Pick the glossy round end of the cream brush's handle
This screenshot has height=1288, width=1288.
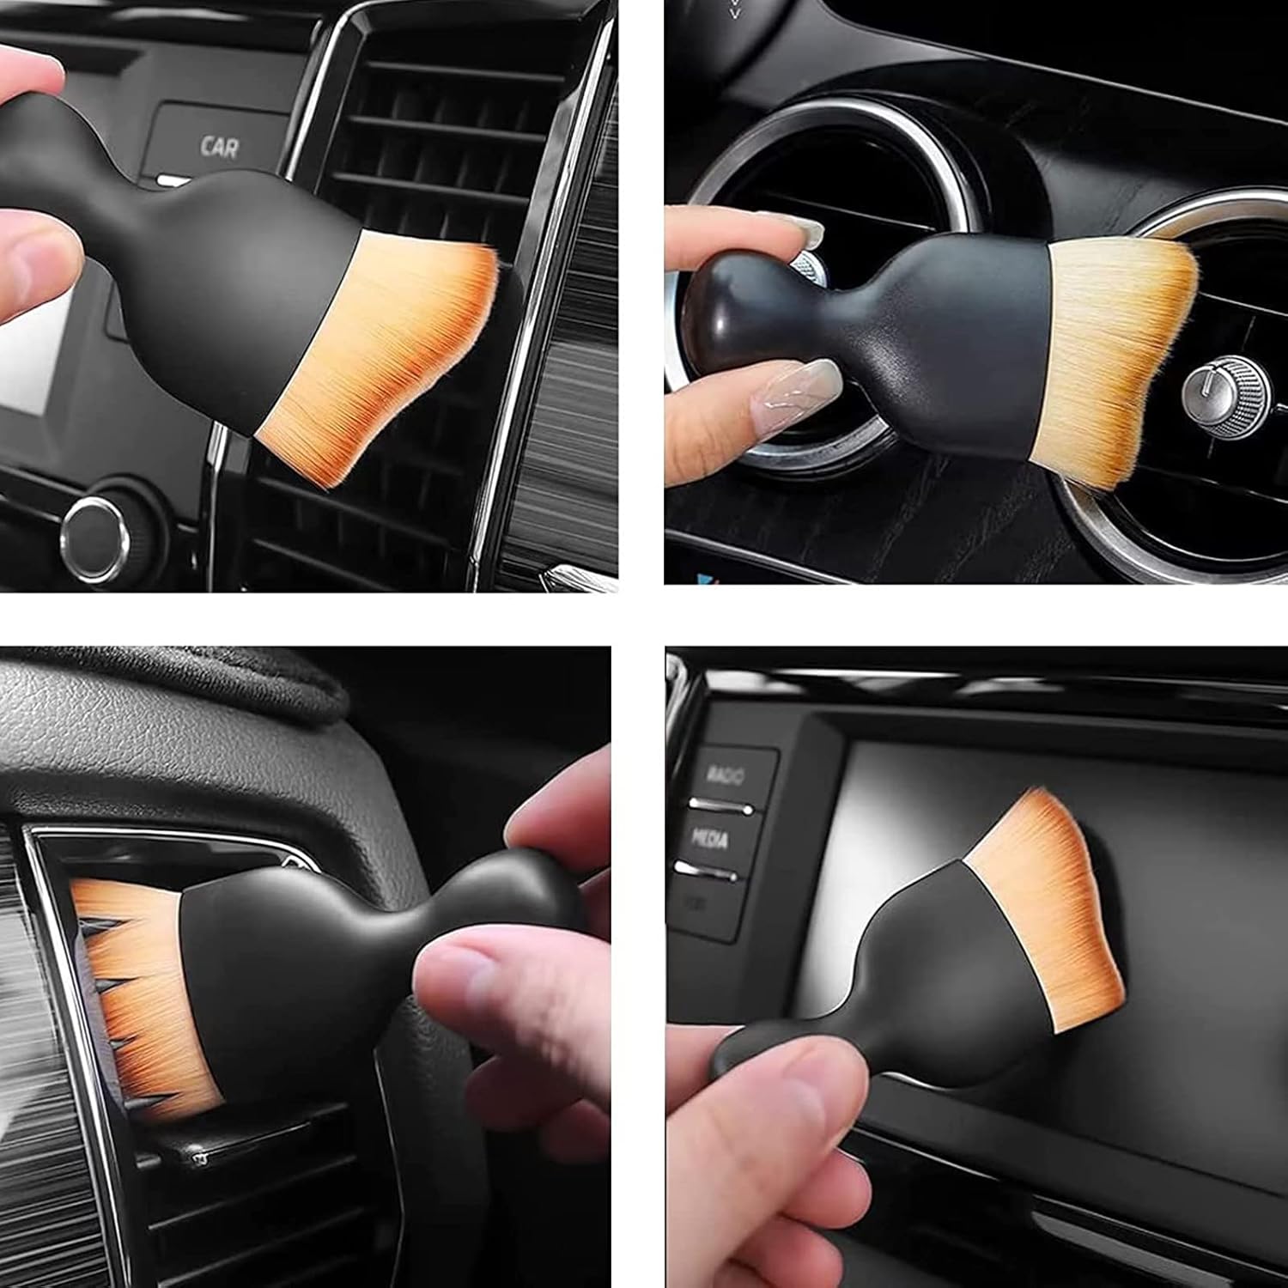730,301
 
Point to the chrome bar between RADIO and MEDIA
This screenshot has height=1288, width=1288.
721,807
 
